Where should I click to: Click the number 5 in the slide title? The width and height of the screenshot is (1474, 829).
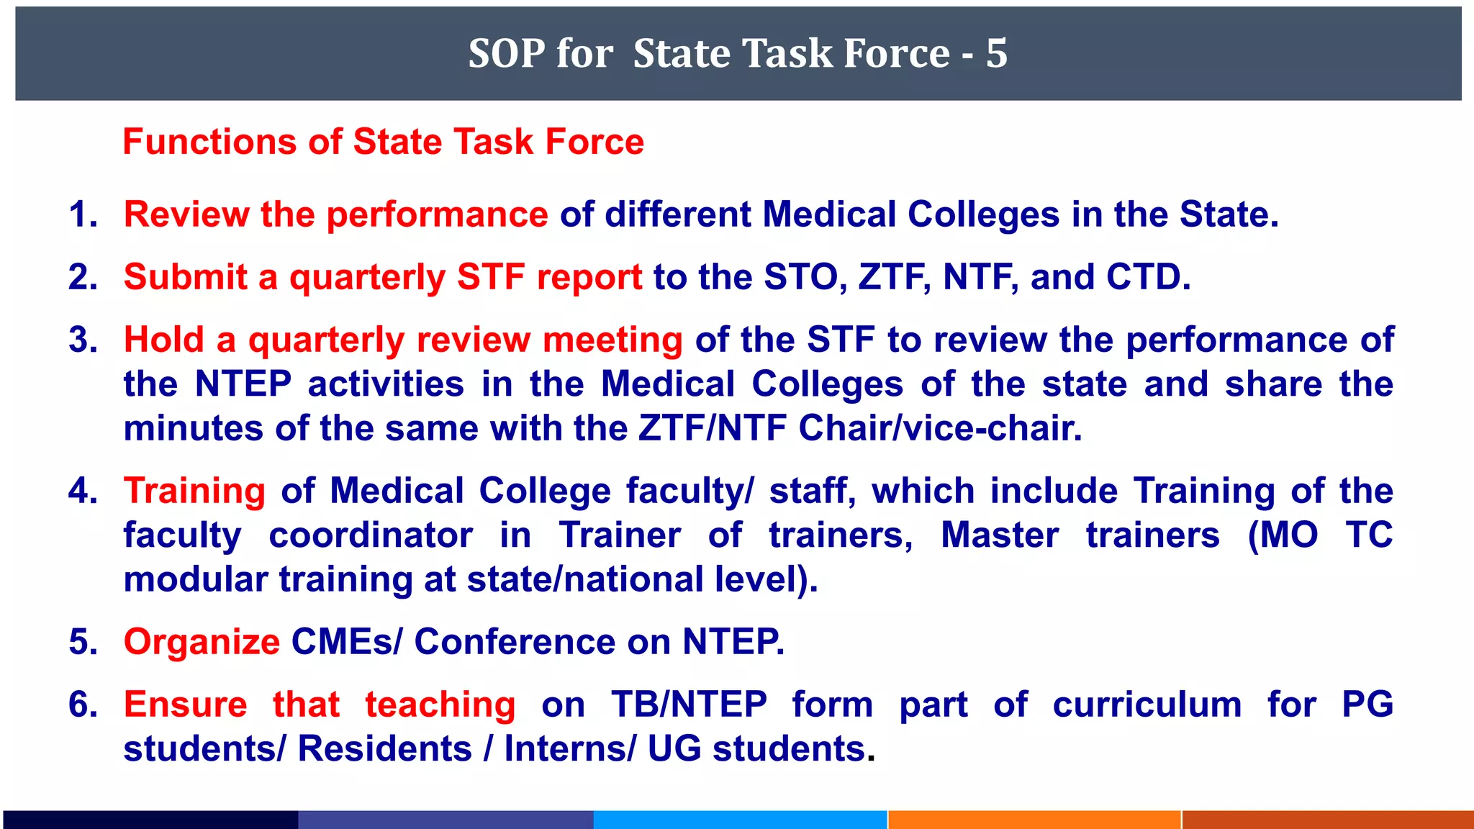click(996, 53)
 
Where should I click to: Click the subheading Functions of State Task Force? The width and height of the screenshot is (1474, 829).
click(383, 142)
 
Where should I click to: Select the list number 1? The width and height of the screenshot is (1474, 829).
click(83, 214)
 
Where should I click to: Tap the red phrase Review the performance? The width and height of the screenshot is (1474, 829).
click(335, 214)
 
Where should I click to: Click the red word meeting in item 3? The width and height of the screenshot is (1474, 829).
click(612, 340)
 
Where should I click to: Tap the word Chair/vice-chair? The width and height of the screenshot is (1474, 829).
click(940, 428)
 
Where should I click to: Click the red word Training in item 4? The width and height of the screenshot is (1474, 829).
click(194, 491)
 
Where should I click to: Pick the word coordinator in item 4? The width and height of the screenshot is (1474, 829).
click(371, 535)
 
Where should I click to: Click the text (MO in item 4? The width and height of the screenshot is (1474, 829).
click(1283, 535)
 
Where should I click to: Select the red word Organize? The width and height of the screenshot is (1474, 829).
click(202, 642)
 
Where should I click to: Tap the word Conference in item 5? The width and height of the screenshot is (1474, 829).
click(515, 642)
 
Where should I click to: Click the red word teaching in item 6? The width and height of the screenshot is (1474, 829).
click(440, 705)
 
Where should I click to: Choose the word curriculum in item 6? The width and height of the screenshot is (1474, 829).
click(1147, 705)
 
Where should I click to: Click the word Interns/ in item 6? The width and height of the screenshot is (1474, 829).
click(569, 748)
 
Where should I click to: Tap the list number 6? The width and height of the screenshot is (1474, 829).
click(83, 705)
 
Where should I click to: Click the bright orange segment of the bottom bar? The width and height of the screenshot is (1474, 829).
click(1034, 820)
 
